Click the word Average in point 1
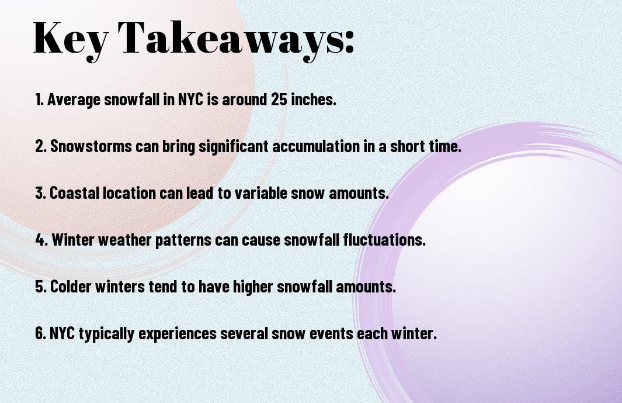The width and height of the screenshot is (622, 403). point(74,99)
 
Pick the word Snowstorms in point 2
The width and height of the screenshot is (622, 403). point(91,146)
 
